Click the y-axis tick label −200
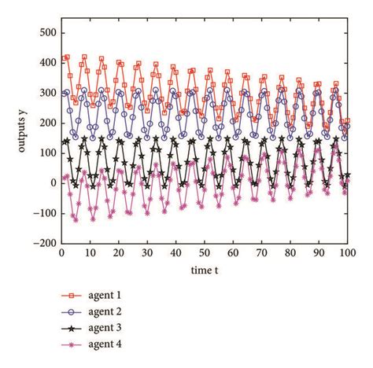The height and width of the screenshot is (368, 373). pyautogui.click(x=44, y=243)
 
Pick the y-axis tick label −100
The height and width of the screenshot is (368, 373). pyautogui.click(x=44, y=213)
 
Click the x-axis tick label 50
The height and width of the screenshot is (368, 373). pyautogui.click(x=204, y=253)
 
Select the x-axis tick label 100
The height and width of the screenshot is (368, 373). pyautogui.click(x=346, y=253)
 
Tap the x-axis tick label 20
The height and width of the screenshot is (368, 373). pyautogui.click(x=118, y=253)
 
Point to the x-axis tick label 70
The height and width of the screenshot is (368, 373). pyautogui.click(x=261, y=253)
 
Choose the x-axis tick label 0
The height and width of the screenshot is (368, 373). pyautogui.click(x=61, y=253)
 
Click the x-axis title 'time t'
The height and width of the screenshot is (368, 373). pyautogui.click(x=204, y=270)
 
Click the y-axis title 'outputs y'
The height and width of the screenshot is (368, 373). pyautogui.click(x=12, y=138)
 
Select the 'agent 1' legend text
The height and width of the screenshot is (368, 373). pyautogui.click(x=107, y=296)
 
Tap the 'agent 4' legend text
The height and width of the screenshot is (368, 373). pyautogui.click(x=107, y=344)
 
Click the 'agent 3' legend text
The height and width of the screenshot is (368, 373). pyautogui.click(x=107, y=328)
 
